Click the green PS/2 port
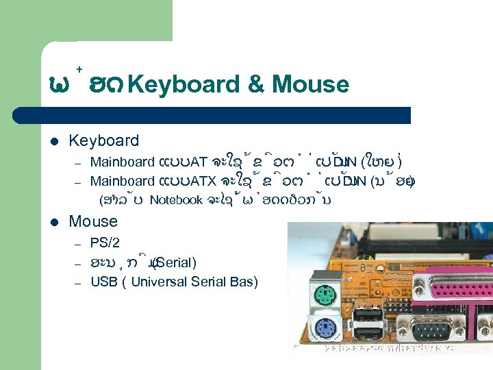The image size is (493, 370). coord(324,296)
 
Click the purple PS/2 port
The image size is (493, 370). coord(325,328)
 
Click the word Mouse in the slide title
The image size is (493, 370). coord(310,85)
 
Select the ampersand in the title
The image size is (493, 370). coord(255,85)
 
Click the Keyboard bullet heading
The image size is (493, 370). coord(103,140)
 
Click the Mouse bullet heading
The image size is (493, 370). coord(93,221)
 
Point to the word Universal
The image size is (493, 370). coord(160,282)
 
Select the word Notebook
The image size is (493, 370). coord(175,201)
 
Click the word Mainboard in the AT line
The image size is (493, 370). coord(122,162)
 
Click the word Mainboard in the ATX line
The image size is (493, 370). coord(122,182)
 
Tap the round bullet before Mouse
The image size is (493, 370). coord(54,222)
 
